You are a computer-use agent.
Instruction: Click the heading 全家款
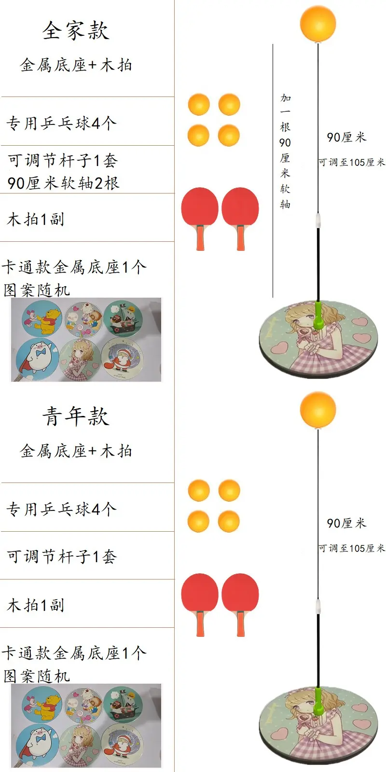click(x=76, y=30)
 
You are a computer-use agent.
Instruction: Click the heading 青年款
click(x=76, y=416)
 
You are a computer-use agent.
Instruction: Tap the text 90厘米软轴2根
click(x=63, y=183)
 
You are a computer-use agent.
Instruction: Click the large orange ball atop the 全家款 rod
click(x=318, y=23)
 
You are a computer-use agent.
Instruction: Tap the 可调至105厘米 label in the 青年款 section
click(x=351, y=548)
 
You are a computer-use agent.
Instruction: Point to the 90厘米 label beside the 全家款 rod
click(x=346, y=138)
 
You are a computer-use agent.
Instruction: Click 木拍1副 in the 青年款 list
click(x=36, y=605)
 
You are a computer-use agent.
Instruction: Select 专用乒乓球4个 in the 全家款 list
click(x=61, y=123)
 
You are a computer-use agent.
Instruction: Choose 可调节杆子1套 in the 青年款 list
click(x=62, y=556)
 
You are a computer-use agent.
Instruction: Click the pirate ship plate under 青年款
click(x=123, y=703)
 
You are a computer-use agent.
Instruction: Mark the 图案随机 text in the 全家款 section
click(x=37, y=290)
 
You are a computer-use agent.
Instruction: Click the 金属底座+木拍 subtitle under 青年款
click(x=76, y=451)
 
